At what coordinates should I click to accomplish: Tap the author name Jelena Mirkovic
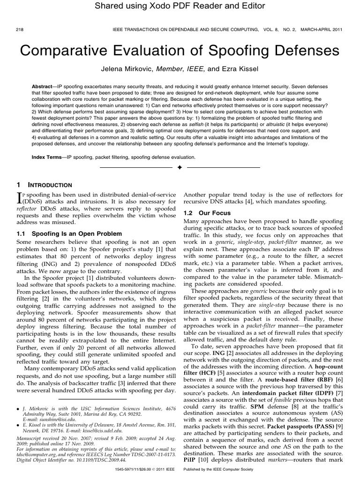(127, 69)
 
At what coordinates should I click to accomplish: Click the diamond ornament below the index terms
(180, 167)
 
